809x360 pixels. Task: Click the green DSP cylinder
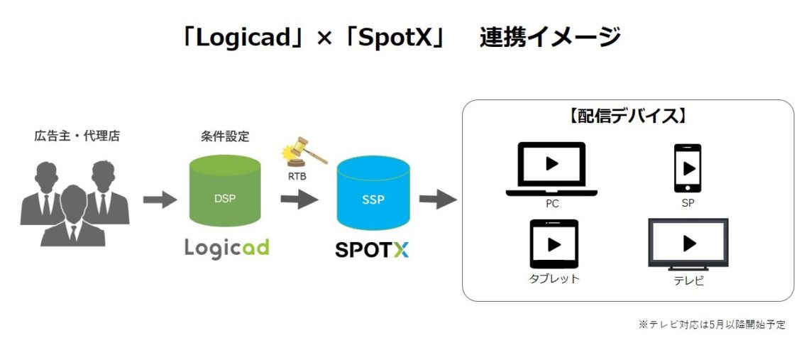[225, 194]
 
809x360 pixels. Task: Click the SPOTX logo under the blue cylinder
[372, 250]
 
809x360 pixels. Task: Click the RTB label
[297, 177]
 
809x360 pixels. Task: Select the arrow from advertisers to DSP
[160, 200]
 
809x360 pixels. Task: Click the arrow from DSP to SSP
[299, 200]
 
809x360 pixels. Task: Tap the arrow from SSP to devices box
[438, 200]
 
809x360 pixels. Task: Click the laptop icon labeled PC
[551, 169]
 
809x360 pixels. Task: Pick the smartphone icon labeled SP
[688, 168]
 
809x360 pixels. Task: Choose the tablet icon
[554, 244]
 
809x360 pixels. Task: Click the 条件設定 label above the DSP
[225, 137]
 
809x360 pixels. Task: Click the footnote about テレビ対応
[712, 325]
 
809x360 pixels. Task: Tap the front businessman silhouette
[73, 217]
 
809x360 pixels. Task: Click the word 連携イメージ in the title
[549, 38]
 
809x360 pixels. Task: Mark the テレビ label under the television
[688, 281]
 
